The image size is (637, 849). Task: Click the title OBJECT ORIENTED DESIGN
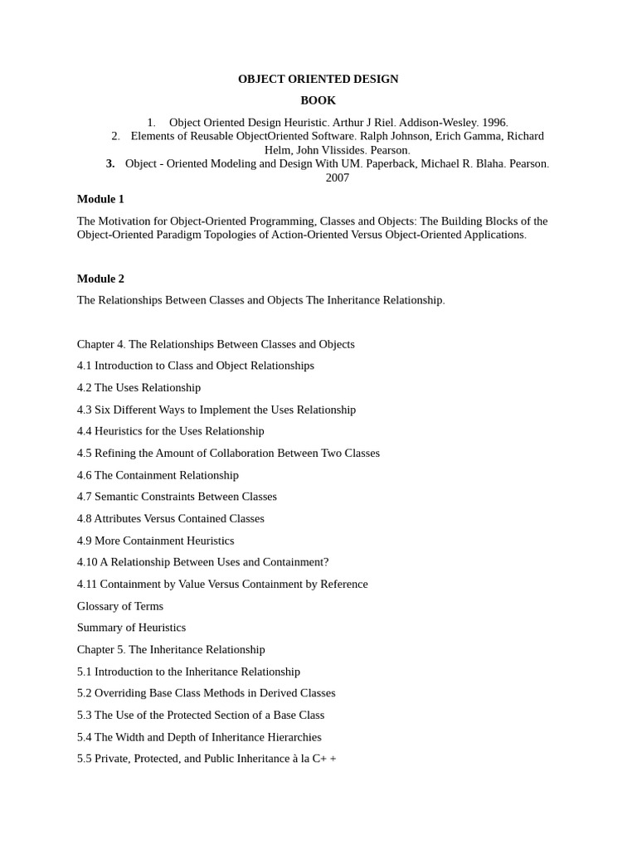318,79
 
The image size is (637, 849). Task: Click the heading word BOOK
318,100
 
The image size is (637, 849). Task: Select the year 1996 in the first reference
494,123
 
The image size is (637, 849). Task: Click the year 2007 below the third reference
337,177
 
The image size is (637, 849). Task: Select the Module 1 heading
100,199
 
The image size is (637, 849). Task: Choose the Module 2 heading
100,279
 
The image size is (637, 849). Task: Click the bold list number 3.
110,163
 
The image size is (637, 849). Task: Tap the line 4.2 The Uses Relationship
139,387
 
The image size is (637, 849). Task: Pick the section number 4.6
85,475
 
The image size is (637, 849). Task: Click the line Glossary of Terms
120,606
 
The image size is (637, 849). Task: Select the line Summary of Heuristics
131,628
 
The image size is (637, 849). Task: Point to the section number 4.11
87,584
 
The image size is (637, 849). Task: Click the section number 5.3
85,715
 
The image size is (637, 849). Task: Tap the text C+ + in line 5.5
324,758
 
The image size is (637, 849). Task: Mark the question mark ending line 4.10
326,562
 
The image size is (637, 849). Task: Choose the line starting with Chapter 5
171,649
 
